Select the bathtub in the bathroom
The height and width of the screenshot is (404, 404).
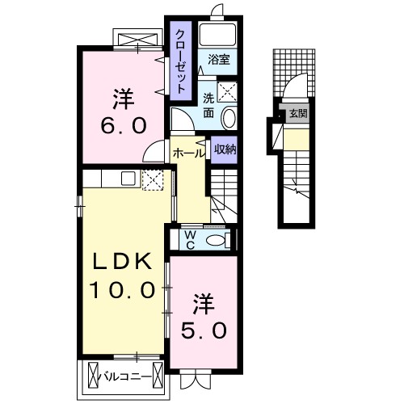click(x=216, y=35)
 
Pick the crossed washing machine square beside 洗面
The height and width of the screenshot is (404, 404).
click(x=228, y=92)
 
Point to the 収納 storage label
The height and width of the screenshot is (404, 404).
click(x=224, y=149)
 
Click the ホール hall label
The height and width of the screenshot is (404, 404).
click(x=187, y=150)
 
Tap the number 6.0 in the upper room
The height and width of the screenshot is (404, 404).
click(x=122, y=128)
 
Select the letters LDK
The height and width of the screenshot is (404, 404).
click(x=121, y=261)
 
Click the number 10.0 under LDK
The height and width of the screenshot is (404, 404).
click(x=121, y=288)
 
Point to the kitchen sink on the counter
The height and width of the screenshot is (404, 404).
click(x=127, y=179)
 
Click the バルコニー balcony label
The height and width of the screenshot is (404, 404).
click(x=124, y=376)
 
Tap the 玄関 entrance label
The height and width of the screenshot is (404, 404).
click(x=298, y=114)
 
